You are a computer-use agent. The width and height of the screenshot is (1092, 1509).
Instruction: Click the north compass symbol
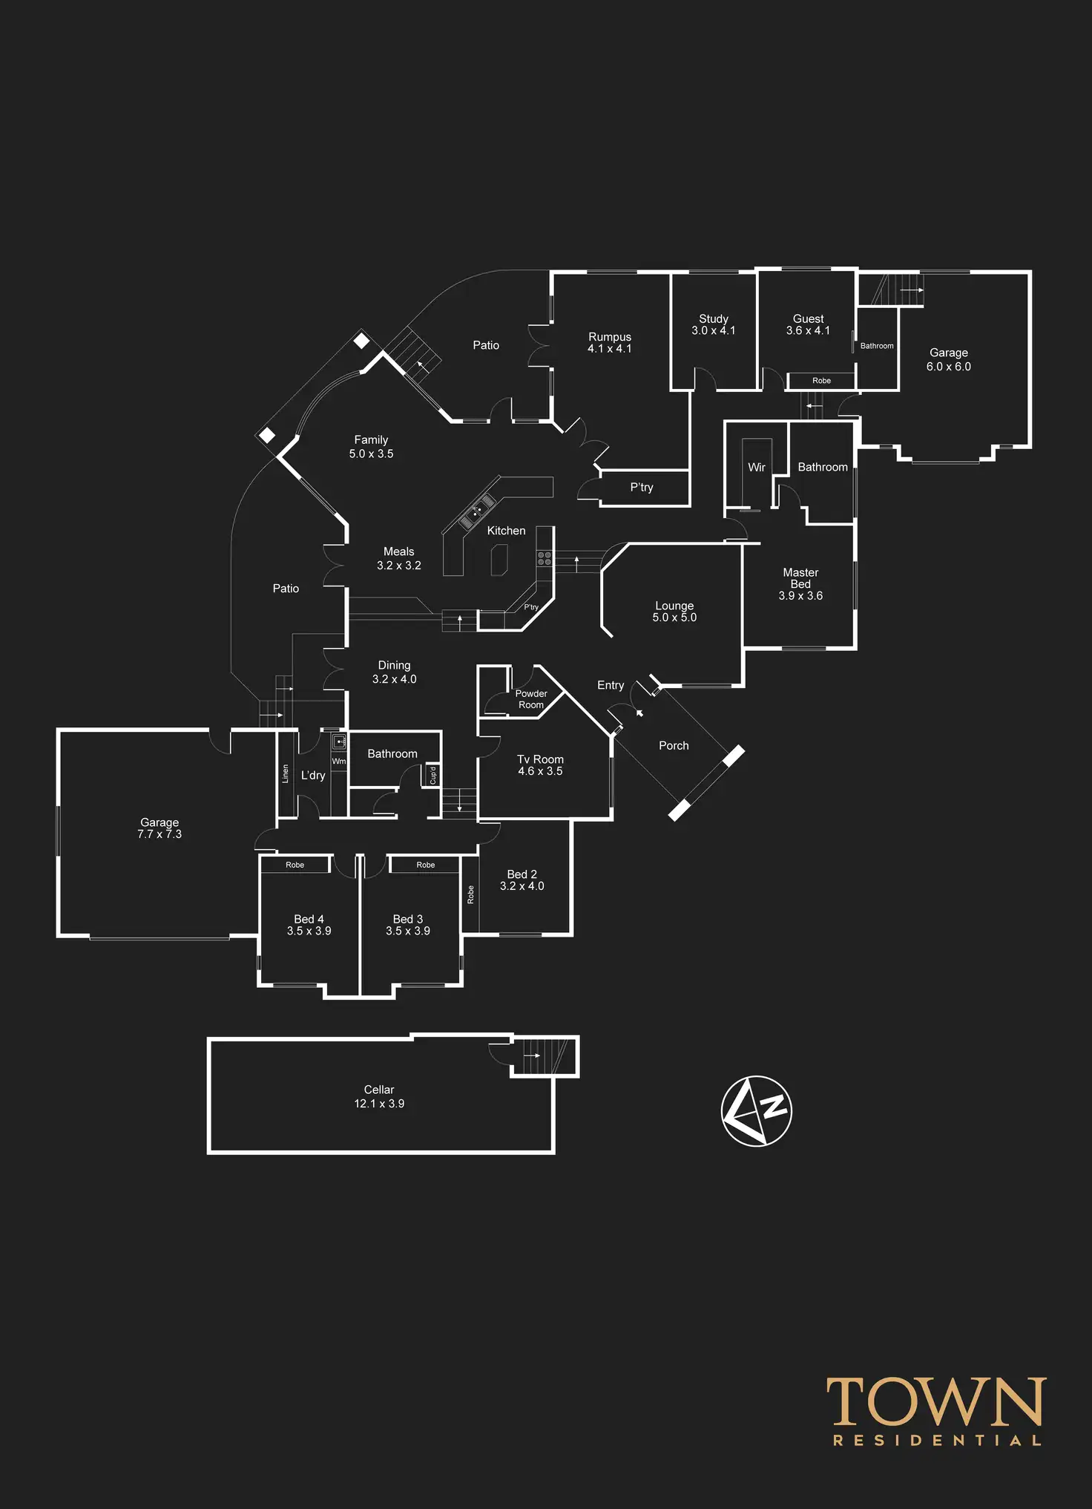(x=756, y=1110)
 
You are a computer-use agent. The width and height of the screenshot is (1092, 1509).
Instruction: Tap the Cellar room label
(x=378, y=1090)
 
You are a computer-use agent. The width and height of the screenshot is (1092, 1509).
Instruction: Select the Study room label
(x=713, y=318)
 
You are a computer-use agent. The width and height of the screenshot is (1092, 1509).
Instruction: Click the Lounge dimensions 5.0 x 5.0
(x=674, y=618)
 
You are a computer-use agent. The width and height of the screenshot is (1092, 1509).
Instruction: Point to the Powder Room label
(x=531, y=699)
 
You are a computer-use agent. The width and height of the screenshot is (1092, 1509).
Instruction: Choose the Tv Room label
(x=540, y=759)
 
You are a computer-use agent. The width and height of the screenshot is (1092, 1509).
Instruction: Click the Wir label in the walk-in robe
(x=756, y=467)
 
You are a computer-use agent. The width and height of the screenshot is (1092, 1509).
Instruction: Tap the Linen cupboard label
(x=285, y=773)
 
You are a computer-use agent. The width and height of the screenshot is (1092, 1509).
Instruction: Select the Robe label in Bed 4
(x=295, y=865)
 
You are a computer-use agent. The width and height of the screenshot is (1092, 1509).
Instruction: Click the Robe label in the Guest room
(x=821, y=381)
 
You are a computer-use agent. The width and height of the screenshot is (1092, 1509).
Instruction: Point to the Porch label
(x=674, y=745)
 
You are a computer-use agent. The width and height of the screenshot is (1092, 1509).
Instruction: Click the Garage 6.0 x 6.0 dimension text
(x=948, y=367)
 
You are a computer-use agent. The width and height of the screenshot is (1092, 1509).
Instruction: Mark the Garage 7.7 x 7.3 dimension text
(x=159, y=834)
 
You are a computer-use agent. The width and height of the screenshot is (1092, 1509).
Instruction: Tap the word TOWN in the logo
(x=936, y=1402)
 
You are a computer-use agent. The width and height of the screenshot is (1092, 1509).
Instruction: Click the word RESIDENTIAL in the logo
(x=937, y=1441)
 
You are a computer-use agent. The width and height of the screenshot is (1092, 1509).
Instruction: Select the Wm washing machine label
(x=338, y=762)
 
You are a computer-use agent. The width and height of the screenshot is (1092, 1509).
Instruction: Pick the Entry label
(x=611, y=685)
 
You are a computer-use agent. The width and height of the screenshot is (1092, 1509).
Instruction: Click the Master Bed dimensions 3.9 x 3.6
(x=800, y=596)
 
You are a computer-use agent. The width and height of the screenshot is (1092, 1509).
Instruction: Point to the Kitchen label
(x=506, y=531)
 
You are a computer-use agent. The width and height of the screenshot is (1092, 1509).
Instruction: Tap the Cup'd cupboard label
(x=433, y=775)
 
